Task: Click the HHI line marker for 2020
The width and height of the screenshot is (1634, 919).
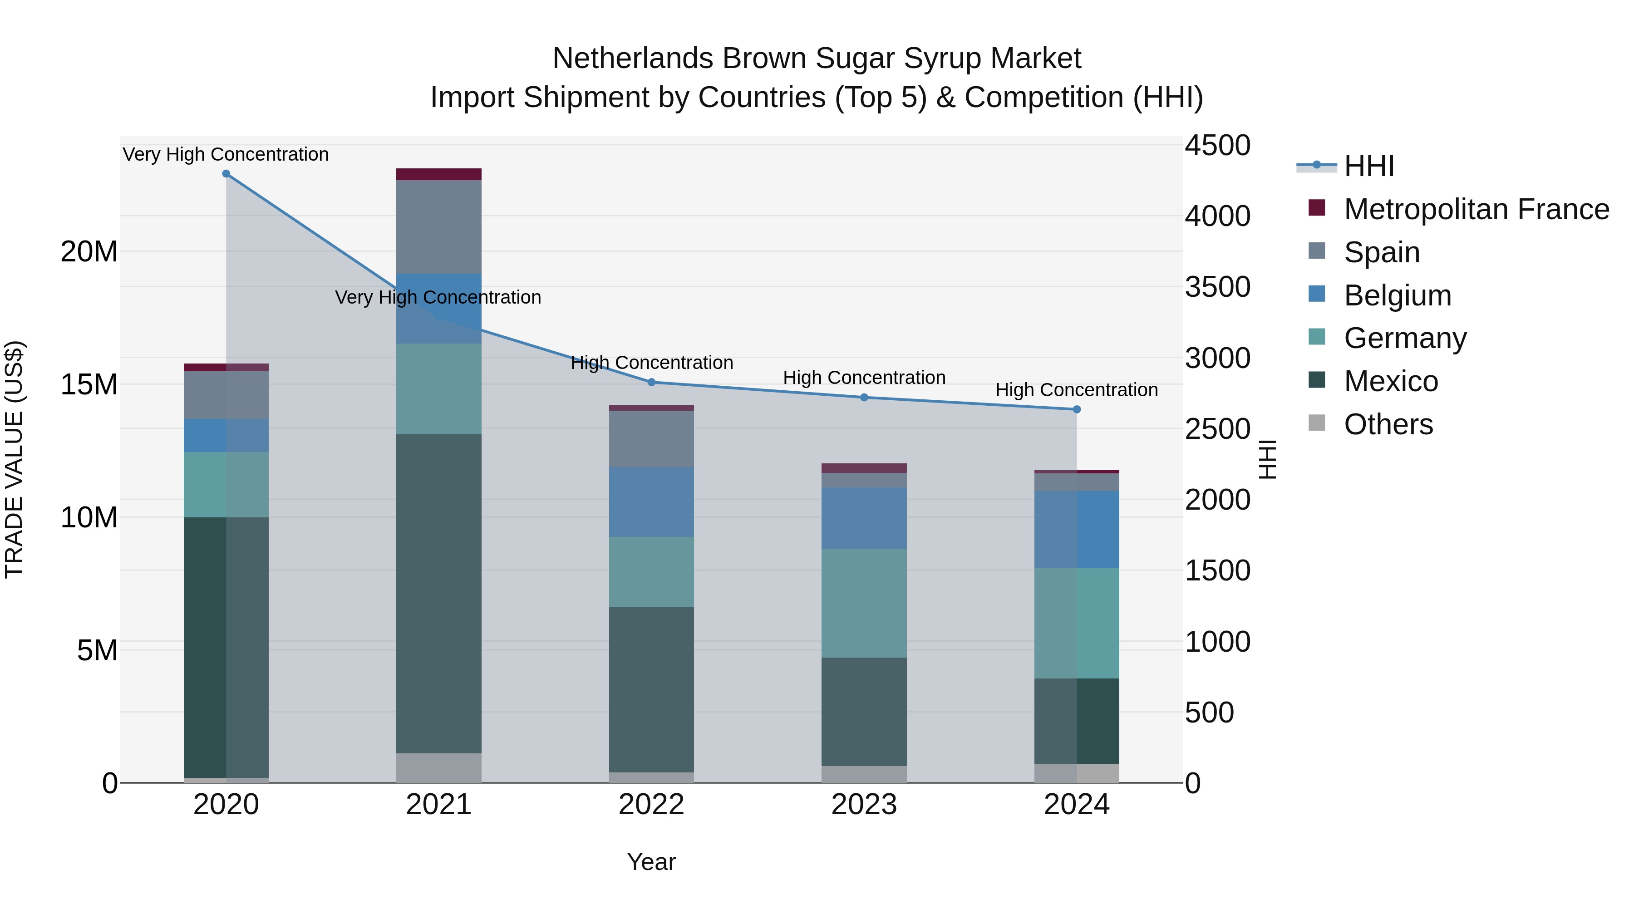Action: tap(226, 174)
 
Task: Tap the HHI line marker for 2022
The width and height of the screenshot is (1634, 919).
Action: tap(651, 383)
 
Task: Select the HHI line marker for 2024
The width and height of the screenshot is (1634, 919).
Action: tap(1077, 410)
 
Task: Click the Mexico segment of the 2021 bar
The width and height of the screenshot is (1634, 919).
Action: tap(438, 593)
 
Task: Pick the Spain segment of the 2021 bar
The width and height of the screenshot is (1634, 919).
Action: tap(438, 226)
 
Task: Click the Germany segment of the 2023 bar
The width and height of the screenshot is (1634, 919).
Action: tap(864, 603)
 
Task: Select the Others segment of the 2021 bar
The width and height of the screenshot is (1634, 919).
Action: tap(438, 767)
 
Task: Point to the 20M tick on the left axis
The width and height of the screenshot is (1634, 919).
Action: tap(89, 252)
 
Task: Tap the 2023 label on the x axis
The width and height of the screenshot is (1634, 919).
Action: tap(864, 805)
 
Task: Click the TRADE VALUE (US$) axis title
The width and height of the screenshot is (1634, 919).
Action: tap(15, 459)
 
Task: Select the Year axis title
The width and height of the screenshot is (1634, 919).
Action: tap(651, 862)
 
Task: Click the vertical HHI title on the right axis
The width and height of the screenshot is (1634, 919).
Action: tap(1267, 459)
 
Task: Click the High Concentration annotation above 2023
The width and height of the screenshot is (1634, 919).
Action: tap(864, 378)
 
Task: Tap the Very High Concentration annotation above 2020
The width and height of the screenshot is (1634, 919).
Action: tap(226, 154)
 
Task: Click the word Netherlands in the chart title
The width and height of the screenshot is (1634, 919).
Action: tap(634, 59)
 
